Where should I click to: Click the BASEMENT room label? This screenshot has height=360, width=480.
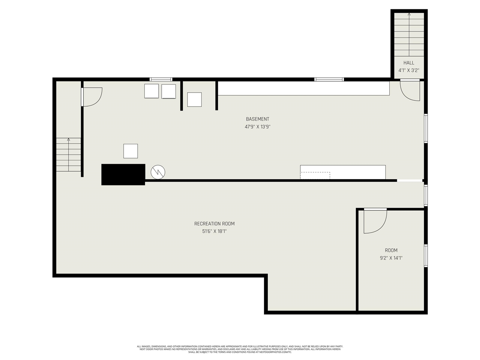coord(257,119)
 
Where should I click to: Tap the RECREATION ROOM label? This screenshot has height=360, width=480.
coord(214,224)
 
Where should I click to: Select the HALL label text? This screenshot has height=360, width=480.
coord(409,63)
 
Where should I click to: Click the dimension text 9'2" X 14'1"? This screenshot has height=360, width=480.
coord(391,258)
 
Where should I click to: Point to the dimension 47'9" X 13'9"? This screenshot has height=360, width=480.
coord(257,127)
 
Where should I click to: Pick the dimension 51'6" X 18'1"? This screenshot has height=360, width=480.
coord(214,231)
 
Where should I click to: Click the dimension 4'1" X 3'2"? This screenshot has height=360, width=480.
coord(409,70)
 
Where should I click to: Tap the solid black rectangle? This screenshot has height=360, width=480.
coord(123,174)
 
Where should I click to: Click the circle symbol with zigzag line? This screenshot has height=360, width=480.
coord(158,172)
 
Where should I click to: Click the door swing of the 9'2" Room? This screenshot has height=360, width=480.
coord(375,221)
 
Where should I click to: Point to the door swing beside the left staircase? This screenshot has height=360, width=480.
coord(92,97)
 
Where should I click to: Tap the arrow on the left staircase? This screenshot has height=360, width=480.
coord(69,140)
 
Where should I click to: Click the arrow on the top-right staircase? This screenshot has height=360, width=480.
coord(409,15)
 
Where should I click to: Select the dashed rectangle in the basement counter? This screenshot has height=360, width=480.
coord(315,175)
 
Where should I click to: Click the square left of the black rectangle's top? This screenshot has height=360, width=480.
coord(130,151)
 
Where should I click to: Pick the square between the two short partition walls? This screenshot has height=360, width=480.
coord(194,99)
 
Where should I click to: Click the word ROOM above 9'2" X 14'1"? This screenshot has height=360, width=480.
coord(391,250)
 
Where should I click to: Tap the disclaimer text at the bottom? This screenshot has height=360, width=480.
coord(240,349)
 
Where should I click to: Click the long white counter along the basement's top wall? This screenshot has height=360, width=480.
coord(304,88)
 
